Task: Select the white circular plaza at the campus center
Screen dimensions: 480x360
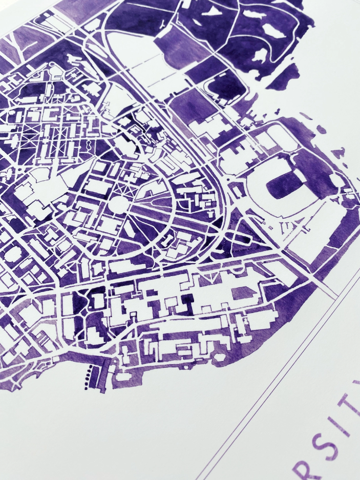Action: tap(118, 204)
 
